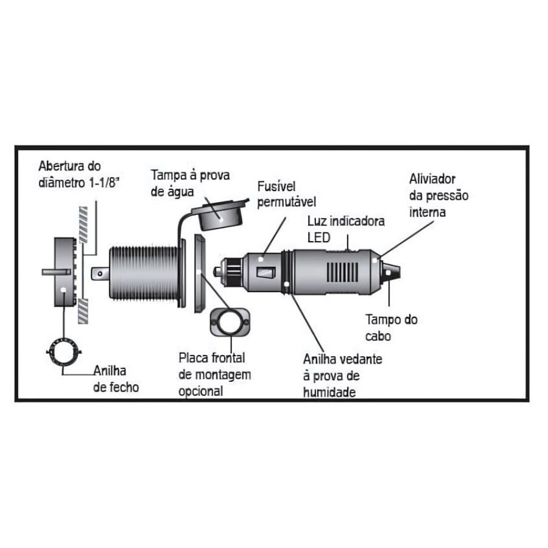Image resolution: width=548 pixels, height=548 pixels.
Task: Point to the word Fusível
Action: pyautogui.click(x=276, y=186)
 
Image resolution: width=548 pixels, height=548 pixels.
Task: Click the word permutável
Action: pyautogui.click(x=287, y=202)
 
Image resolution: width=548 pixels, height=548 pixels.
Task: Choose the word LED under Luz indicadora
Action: pyautogui.click(x=318, y=237)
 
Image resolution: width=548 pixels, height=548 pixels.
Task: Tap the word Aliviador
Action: pyautogui.click(x=432, y=179)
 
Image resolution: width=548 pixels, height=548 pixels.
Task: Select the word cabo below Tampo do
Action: pyautogui.click(x=378, y=336)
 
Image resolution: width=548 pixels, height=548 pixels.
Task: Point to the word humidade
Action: pyautogui.click(x=329, y=393)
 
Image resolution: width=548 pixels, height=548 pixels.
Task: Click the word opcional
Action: pyautogui.click(x=200, y=392)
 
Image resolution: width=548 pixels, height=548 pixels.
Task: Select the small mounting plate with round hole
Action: pyautogui.click(x=230, y=322)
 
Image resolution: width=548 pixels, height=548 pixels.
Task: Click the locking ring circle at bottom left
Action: pyautogui.click(x=64, y=352)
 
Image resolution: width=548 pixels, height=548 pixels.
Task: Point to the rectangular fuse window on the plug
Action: pyautogui.click(x=266, y=273)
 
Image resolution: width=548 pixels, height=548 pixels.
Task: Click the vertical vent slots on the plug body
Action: pyautogui.click(x=342, y=273)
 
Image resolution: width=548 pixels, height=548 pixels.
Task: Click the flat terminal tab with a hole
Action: pyautogui.click(x=100, y=274)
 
